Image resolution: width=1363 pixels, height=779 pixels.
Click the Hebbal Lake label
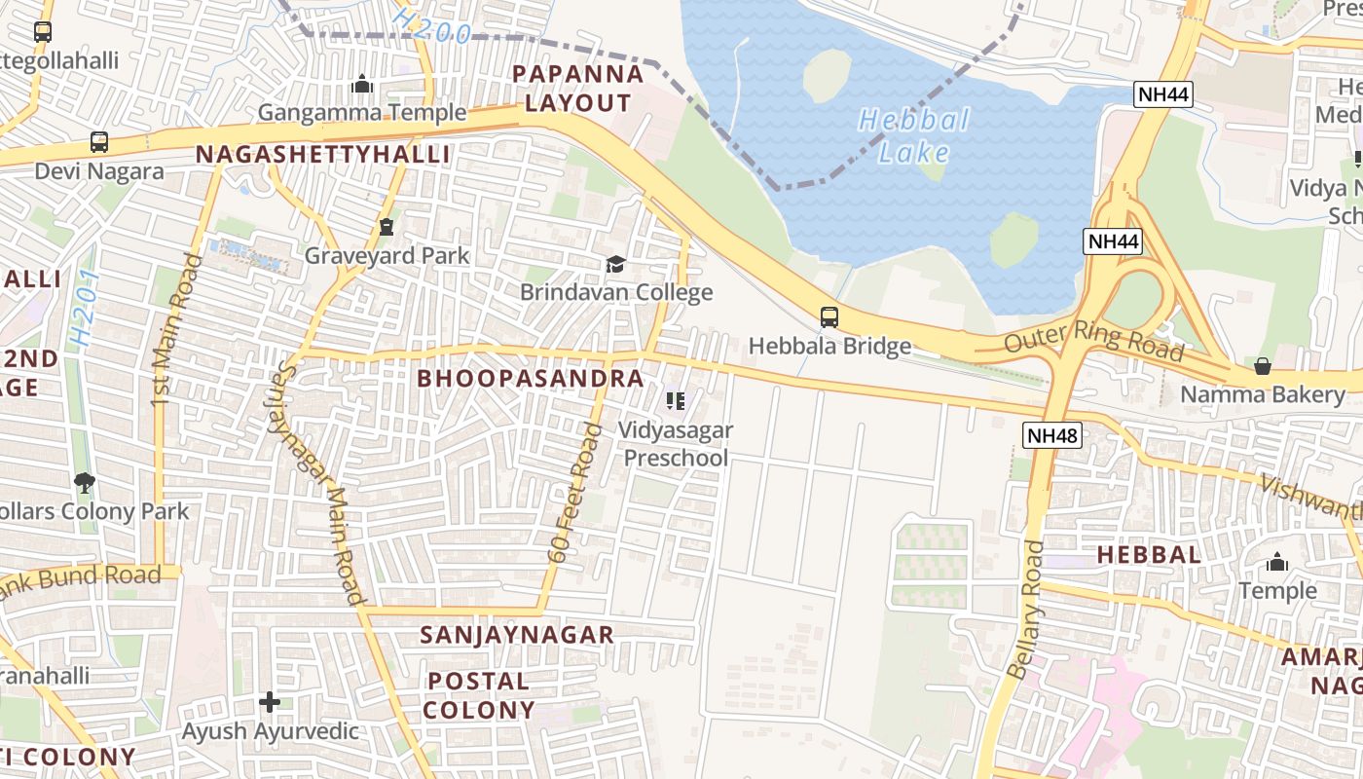(913, 136)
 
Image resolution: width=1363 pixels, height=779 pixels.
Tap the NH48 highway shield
(1052, 435)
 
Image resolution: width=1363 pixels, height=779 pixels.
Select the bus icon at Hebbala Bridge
(829, 316)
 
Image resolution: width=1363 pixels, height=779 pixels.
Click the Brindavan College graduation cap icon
(615, 264)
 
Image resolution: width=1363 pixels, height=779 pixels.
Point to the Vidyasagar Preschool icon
(676, 400)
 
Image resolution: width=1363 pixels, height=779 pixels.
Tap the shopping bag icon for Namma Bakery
(1263, 366)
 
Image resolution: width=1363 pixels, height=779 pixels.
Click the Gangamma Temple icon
(362, 85)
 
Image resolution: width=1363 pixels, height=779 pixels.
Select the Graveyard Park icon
(387, 228)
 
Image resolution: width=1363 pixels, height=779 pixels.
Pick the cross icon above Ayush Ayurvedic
(270, 701)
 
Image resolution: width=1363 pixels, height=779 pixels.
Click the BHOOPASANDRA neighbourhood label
(531, 379)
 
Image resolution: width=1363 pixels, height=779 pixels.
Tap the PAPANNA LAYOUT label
(578, 89)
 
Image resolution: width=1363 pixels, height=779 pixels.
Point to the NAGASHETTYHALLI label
(323, 155)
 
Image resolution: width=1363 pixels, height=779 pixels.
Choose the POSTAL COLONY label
(479, 695)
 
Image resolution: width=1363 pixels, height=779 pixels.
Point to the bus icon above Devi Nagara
(99, 142)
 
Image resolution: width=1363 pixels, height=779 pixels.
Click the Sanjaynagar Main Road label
(316, 483)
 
